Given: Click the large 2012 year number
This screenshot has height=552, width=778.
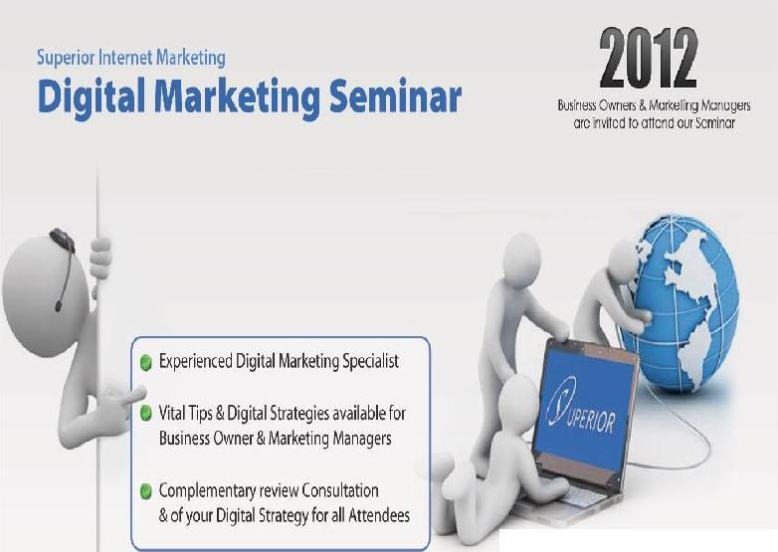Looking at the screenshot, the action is coord(649,59).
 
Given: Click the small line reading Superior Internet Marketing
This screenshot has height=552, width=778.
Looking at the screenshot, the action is coord(131,58).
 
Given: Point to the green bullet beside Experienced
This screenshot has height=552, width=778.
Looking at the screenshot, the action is coord(146,363).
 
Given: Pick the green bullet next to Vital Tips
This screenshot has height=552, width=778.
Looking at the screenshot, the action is coord(146,413).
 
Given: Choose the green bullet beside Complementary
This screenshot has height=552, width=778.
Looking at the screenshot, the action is coord(146,491).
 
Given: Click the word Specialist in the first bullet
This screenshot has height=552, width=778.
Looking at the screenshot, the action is coord(371,362).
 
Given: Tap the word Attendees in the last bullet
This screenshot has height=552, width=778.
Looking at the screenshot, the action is coord(379,516).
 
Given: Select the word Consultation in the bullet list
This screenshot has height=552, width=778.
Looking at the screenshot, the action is coord(340,490).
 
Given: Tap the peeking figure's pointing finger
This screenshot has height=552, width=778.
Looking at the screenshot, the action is coord(133,396).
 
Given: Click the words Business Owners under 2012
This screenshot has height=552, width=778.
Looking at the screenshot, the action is coord(595,105).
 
